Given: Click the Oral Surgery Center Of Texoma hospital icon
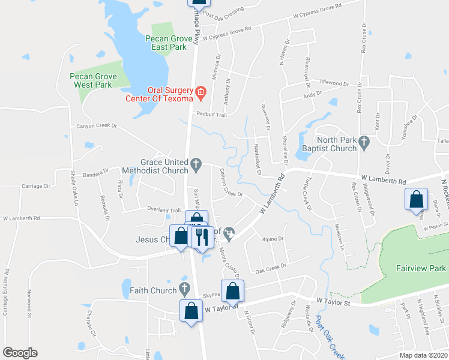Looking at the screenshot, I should (200, 92).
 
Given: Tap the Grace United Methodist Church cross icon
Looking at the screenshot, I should (196, 163).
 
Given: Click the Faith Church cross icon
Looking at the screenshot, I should (185, 290).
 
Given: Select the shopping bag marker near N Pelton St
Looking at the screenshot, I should (416, 201).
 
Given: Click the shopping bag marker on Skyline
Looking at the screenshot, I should (233, 292).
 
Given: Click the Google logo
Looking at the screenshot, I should (20, 353).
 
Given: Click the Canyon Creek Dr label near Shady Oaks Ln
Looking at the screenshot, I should (96, 127).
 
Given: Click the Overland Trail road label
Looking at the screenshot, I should (164, 210).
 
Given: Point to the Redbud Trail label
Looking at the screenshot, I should (210, 114).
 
